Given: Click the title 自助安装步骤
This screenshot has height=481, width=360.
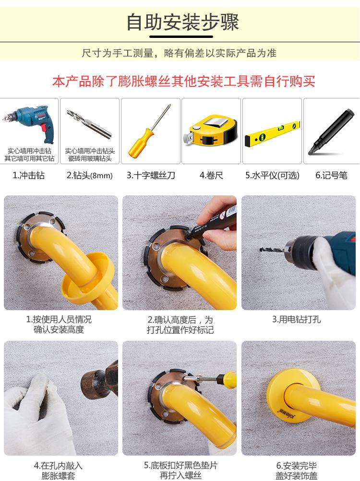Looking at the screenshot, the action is (x=183, y=22).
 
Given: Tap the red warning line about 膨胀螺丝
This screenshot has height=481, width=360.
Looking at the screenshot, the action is (x=184, y=81).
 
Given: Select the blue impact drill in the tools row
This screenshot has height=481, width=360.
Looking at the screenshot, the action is (x=29, y=124).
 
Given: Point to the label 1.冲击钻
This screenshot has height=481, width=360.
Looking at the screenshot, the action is (x=28, y=175).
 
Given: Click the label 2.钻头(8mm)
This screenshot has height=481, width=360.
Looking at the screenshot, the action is (x=90, y=176).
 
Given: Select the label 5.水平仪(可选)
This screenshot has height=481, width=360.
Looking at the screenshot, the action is (x=272, y=176).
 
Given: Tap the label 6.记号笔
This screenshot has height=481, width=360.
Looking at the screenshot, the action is (x=332, y=176).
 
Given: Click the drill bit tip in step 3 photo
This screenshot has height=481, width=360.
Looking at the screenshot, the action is (x=261, y=250).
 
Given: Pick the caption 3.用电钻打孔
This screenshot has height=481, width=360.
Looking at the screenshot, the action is (x=297, y=320).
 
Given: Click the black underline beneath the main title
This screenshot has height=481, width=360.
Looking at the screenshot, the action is (x=181, y=37).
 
